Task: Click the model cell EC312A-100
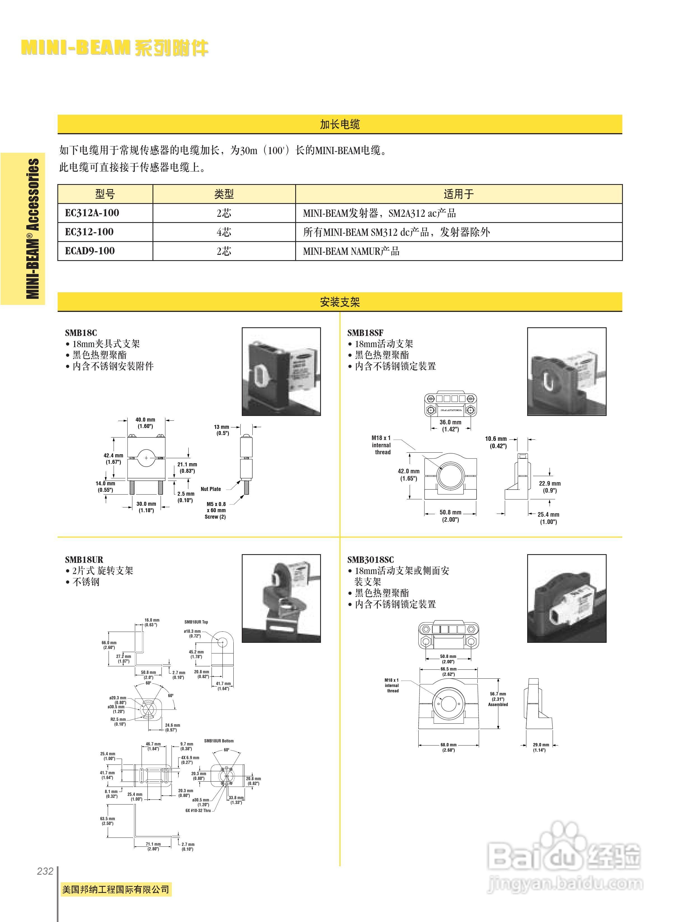click(92, 213)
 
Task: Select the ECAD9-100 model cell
click(90, 251)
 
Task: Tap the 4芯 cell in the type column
click(224, 232)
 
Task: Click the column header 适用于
click(459, 194)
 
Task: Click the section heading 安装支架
click(340, 302)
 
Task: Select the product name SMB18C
click(81, 333)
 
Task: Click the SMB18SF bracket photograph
click(566, 371)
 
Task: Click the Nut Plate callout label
click(211, 489)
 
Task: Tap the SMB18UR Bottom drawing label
click(219, 741)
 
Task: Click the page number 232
click(45, 871)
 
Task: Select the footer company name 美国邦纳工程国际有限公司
click(116, 889)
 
